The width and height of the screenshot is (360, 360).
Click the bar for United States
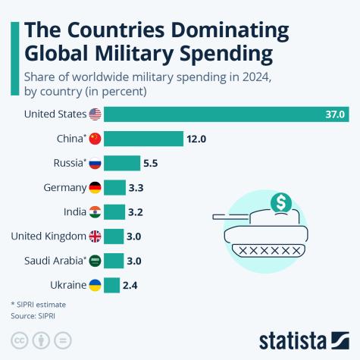[226, 114]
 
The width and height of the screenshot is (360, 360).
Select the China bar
[143, 139]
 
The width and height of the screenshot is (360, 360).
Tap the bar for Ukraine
[111, 285]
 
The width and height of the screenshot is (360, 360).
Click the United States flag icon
[95, 114]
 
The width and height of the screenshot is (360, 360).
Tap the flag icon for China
[95, 139]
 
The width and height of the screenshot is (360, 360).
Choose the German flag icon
[95, 187]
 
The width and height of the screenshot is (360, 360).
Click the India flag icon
[95, 211]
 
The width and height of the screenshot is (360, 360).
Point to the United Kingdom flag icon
[95, 236]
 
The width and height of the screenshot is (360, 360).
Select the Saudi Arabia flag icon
[95, 261]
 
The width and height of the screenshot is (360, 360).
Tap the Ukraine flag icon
[95, 285]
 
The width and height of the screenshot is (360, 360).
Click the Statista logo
[301, 338]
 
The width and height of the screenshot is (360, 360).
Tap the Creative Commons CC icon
[17, 338]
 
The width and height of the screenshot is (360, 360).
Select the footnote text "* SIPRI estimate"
[37, 303]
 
